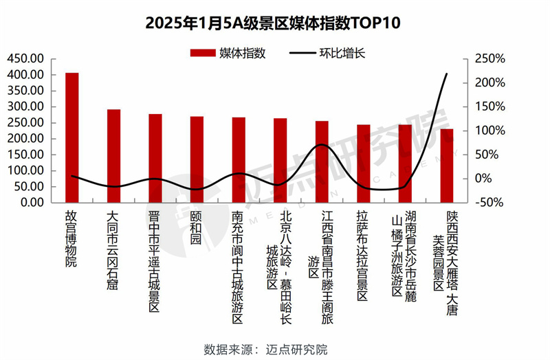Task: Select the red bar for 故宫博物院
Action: (72, 137)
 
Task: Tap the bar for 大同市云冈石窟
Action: (113, 156)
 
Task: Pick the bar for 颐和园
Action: (197, 159)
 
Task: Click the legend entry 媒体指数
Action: (228, 53)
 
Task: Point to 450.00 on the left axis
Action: (26, 58)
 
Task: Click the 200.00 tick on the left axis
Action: (26, 138)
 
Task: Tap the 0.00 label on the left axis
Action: (32, 202)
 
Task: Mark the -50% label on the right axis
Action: (486, 202)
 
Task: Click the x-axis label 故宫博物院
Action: (71, 238)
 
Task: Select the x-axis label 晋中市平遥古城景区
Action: (155, 261)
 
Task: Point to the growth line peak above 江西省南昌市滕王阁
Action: (322, 145)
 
